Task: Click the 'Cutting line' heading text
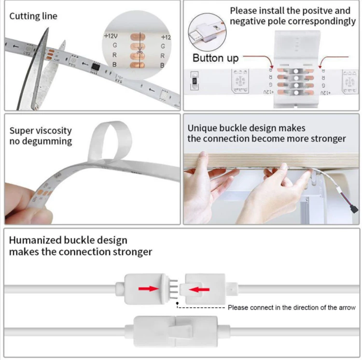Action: tap(33, 16)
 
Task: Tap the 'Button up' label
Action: tap(215, 58)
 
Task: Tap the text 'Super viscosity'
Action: tap(41, 130)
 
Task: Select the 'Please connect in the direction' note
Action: tap(292, 307)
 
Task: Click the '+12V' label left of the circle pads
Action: tap(110, 36)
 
